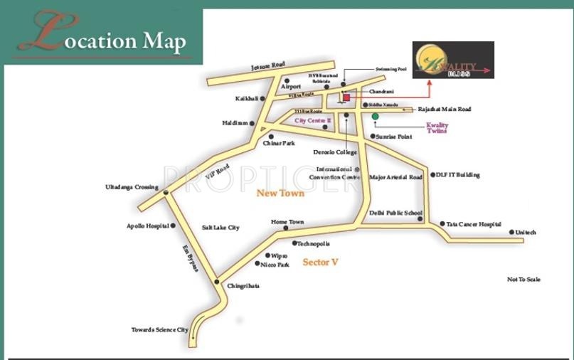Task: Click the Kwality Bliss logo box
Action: pos(453,60)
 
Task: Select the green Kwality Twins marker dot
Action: pos(376,116)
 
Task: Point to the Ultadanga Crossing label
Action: pos(132,187)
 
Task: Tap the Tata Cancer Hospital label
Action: pos(474,223)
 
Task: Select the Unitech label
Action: pos(526,233)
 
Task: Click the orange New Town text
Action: pos(280,194)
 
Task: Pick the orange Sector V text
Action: pos(320,263)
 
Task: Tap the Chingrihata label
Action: pos(243,286)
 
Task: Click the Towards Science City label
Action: pos(159,330)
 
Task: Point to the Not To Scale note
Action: pos(523,280)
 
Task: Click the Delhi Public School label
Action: pos(395,213)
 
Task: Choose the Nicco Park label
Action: pos(275,265)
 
